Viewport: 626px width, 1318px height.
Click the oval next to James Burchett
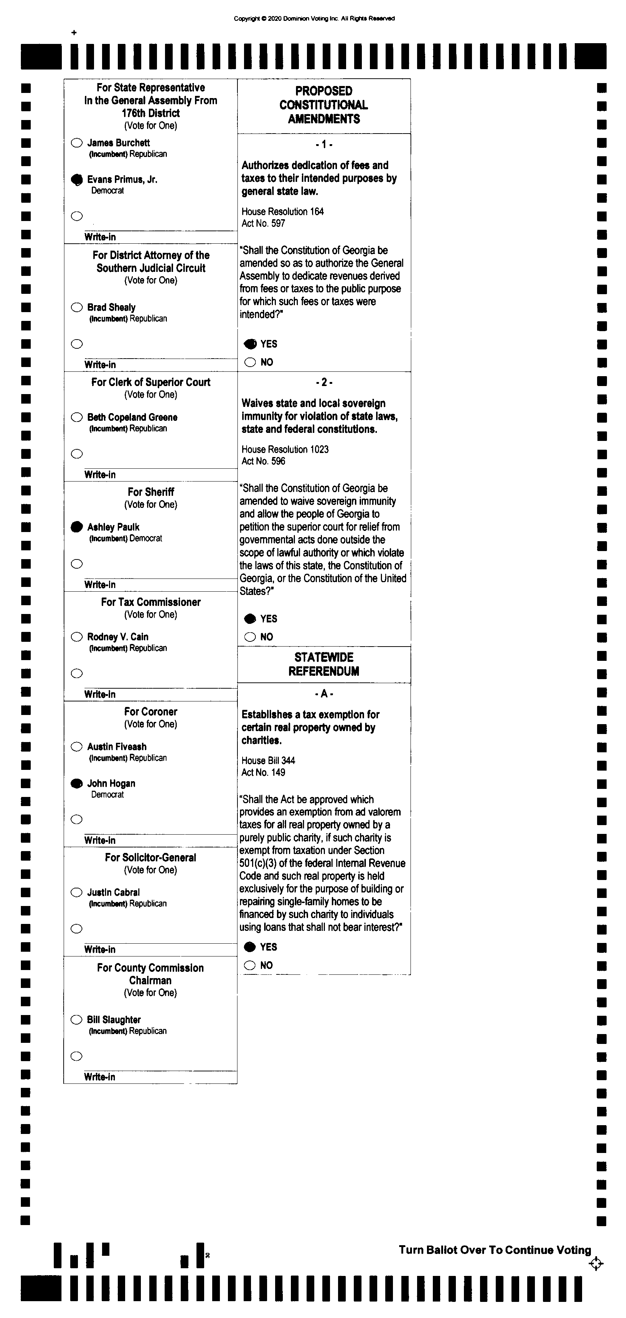click(77, 143)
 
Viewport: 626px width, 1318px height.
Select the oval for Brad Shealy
click(77, 307)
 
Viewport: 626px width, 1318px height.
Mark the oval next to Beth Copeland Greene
click(77, 417)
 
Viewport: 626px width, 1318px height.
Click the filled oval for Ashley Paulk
click(77, 527)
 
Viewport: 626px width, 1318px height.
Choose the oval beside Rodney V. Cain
click(77, 636)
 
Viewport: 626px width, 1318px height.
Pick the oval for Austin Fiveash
click(77, 746)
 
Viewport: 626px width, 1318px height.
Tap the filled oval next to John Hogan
click(77, 783)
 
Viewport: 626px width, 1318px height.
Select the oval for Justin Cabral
click(77, 892)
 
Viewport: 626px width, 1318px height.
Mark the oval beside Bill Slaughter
click(77, 1020)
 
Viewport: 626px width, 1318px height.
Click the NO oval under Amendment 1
click(250, 362)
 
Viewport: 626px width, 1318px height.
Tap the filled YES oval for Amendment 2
click(250, 619)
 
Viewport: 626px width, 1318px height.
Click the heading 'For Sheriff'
click(151, 492)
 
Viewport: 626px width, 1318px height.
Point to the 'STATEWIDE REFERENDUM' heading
click(324, 664)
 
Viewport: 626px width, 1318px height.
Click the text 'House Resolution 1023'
click(285, 449)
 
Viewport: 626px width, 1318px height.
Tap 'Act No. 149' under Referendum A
click(263, 772)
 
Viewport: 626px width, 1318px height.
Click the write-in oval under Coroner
click(77, 820)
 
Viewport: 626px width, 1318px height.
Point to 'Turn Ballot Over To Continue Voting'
click(495, 1250)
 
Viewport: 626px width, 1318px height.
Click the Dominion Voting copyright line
click(314, 18)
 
